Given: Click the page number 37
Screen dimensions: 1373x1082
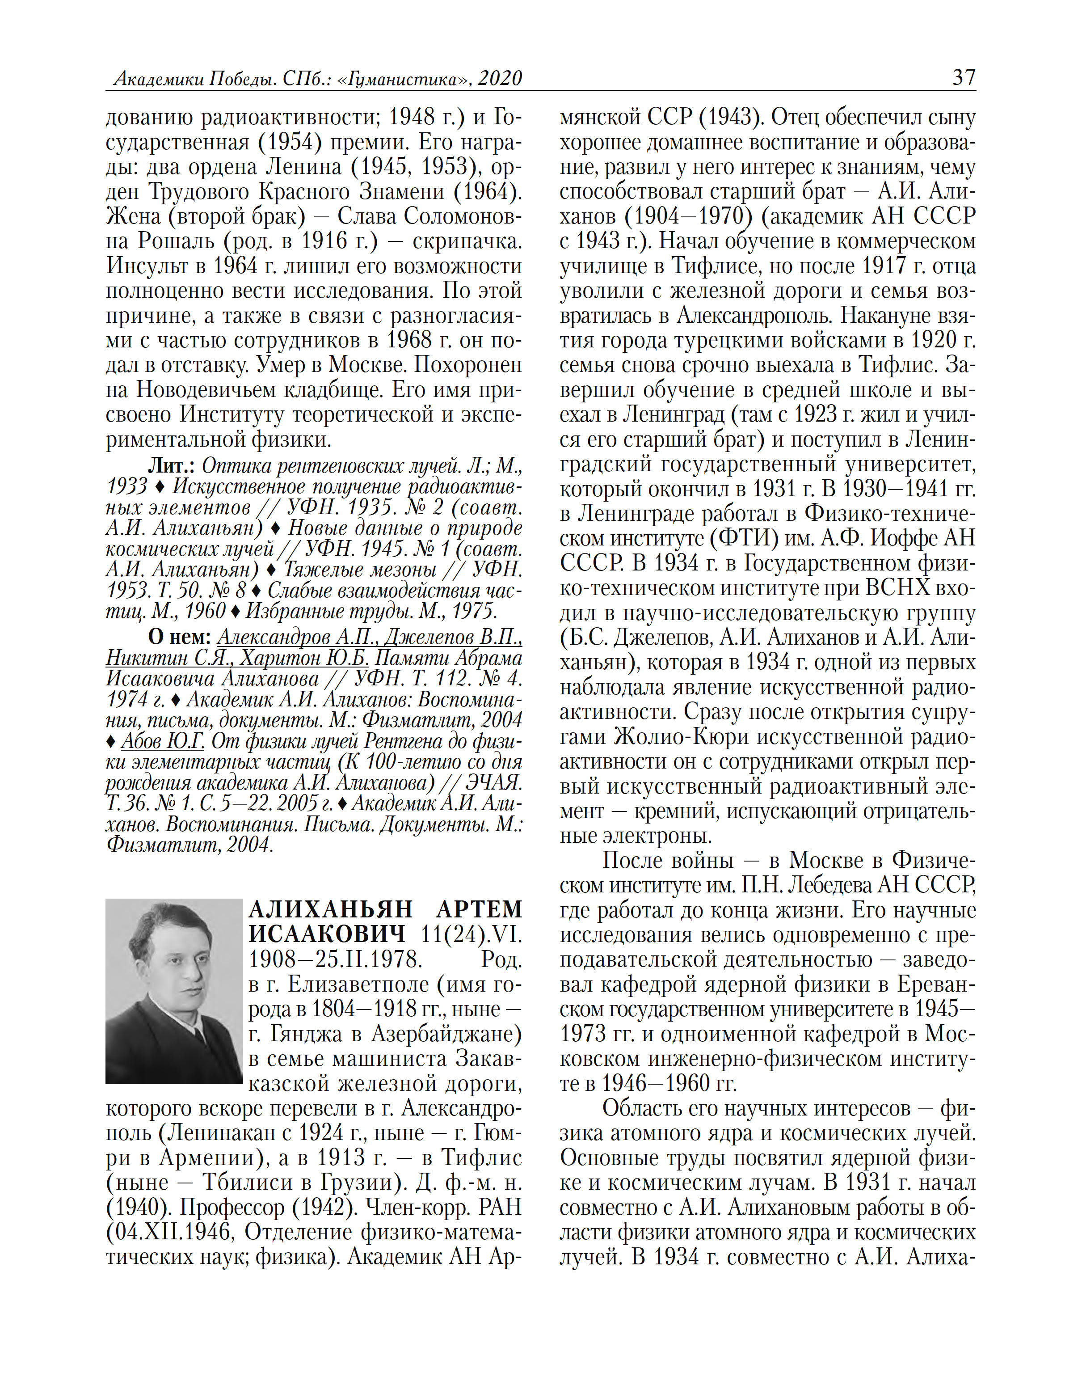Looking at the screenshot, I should pyautogui.click(x=964, y=77).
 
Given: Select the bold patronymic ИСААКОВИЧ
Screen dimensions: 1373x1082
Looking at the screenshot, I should pyautogui.click(x=327, y=934).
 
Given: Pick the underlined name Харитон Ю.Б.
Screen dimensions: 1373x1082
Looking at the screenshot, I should pyautogui.click(x=307, y=658).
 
